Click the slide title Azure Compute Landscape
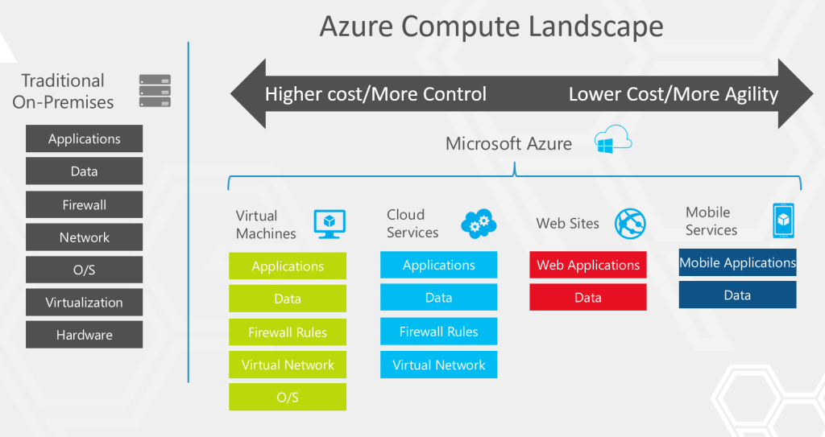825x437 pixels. point(491,26)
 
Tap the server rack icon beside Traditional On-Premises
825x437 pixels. point(155,91)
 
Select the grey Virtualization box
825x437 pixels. point(84,303)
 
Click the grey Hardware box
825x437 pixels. point(84,335)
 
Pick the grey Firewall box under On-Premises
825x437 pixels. point(84,204)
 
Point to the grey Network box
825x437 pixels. point(84,237)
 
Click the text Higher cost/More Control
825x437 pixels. point(375,94)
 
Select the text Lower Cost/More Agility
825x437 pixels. point(673,94)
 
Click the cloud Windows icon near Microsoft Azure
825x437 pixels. point(612,142)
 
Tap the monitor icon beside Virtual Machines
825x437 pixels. point(330,224)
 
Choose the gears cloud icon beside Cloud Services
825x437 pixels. point(479,223)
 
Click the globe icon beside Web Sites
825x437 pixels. point(630,223)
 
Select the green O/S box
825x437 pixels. point(288,398)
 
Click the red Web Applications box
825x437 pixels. point(587,265)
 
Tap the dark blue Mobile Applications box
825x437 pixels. point(737,262)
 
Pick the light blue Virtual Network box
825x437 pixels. point(438,365)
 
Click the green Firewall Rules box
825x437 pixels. point(288,332)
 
